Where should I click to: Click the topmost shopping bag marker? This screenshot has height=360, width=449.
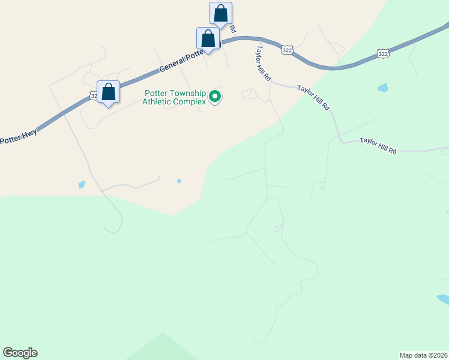220,13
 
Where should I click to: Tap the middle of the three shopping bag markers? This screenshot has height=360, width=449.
208,38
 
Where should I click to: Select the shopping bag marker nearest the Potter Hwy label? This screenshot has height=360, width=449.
108,92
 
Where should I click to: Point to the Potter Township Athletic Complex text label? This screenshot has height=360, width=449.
174,97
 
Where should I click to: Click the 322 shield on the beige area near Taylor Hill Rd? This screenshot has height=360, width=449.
287,50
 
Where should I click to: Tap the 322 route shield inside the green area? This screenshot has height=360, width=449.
382,54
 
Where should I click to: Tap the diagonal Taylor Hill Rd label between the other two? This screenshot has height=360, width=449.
314,96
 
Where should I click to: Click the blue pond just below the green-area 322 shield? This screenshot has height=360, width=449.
382,88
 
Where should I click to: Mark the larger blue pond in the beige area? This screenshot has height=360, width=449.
82,185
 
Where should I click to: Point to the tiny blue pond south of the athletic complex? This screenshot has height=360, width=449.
179,181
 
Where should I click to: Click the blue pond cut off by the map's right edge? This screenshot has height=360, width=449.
444,299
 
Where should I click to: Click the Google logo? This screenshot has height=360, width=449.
20,353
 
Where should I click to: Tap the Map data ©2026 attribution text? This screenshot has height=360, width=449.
423,355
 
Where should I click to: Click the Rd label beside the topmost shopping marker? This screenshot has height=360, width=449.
232,29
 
